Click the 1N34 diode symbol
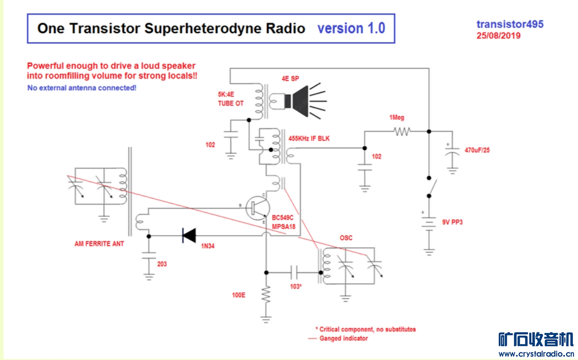(x=189, y=236)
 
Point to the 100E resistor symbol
(x=266, y=295)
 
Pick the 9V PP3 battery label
(x=452, y=222)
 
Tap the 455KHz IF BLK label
(x=309, y=138)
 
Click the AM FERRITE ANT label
(x=99, y=244)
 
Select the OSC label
(x=346, y=238)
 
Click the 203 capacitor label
(x=162, y=264)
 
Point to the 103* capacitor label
(x=296, y=287)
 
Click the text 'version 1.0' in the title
(x=351, y=28)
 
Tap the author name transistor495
(x=510, y=24)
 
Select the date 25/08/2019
(x=498, y=36)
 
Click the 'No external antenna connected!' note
(x=82, y=88)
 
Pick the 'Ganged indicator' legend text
(x=343, y=338)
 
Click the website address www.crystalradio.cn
(x=536, y=354)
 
